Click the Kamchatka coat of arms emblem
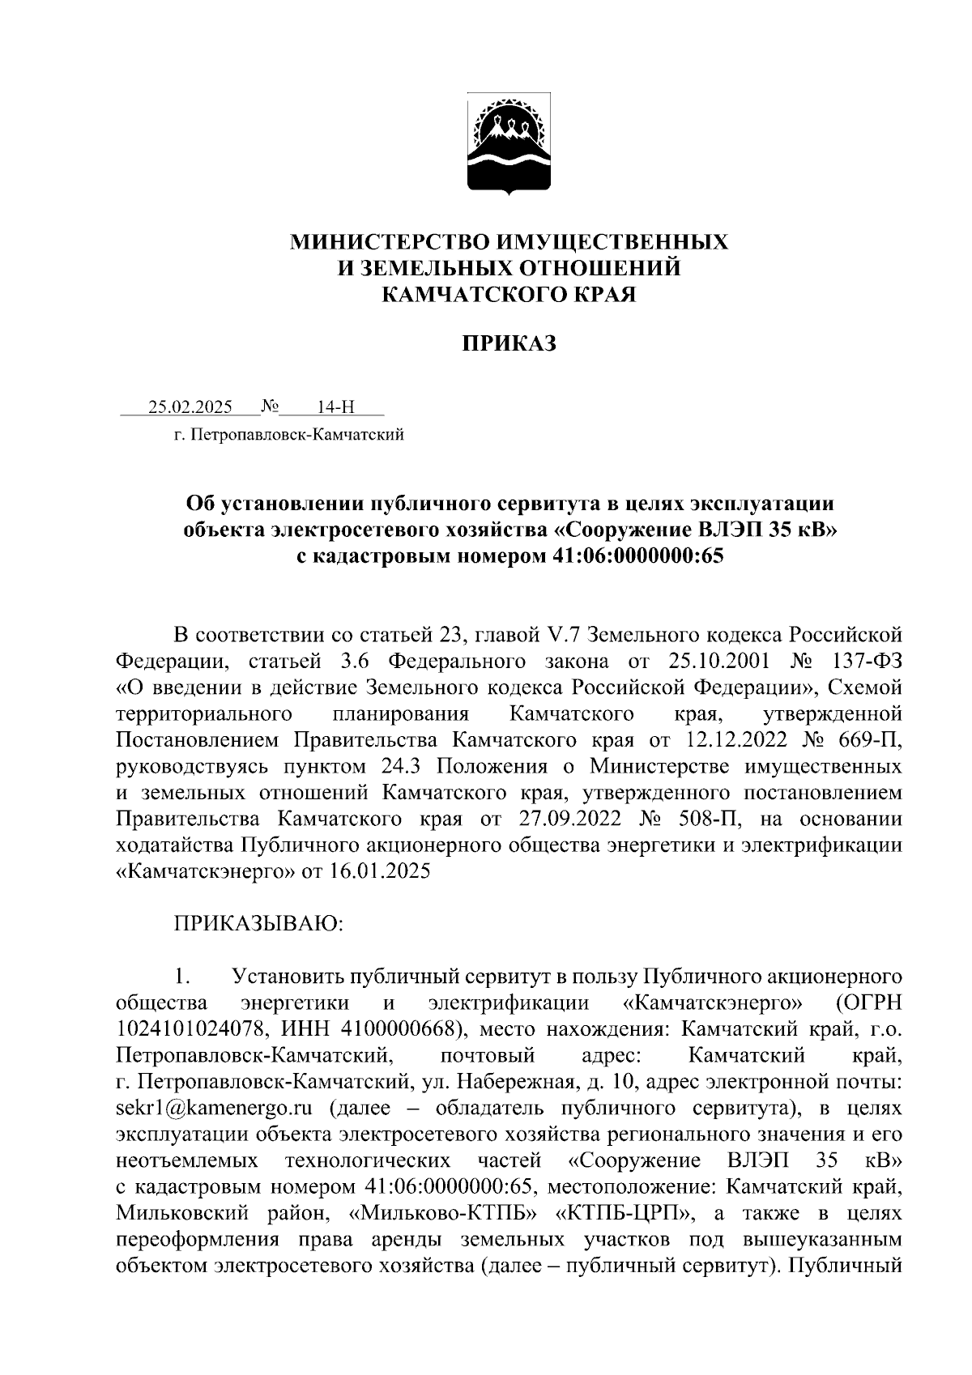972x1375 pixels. [509, 146]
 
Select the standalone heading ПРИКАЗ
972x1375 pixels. [509, 344]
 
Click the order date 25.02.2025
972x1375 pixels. [190, 407]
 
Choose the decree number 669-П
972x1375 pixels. [865, 740]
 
